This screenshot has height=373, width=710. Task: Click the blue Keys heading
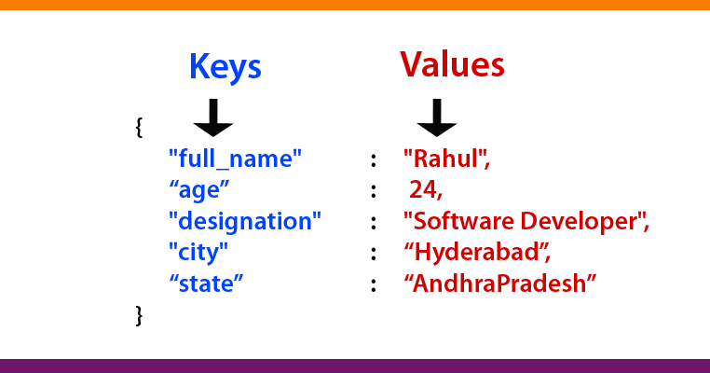click(x=225, y=66)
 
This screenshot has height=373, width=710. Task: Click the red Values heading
click(x=453, y=64)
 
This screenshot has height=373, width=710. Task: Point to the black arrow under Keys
click(x=213, y=118)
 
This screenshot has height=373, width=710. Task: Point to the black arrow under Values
click(x=436, y=118)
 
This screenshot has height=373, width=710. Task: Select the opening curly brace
click(x=140, y=128)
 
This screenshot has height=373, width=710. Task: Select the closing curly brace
click(x=140, y=315)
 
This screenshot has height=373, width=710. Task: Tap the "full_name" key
click(x=236, y=159)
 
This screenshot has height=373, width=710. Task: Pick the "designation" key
click(x=244, y=222)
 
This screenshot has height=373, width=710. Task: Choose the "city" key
click(x=198, y=252)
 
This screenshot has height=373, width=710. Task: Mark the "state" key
click(x=206, y=283)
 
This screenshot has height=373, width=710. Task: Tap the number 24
click(x=426, y=191)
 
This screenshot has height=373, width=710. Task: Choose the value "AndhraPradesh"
click(x=498, y=283)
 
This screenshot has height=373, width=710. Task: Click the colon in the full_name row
click(x=373, y=160)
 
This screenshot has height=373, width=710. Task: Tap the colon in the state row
click(x=373, y=284)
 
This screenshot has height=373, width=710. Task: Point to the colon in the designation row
click(x=373, y=223)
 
